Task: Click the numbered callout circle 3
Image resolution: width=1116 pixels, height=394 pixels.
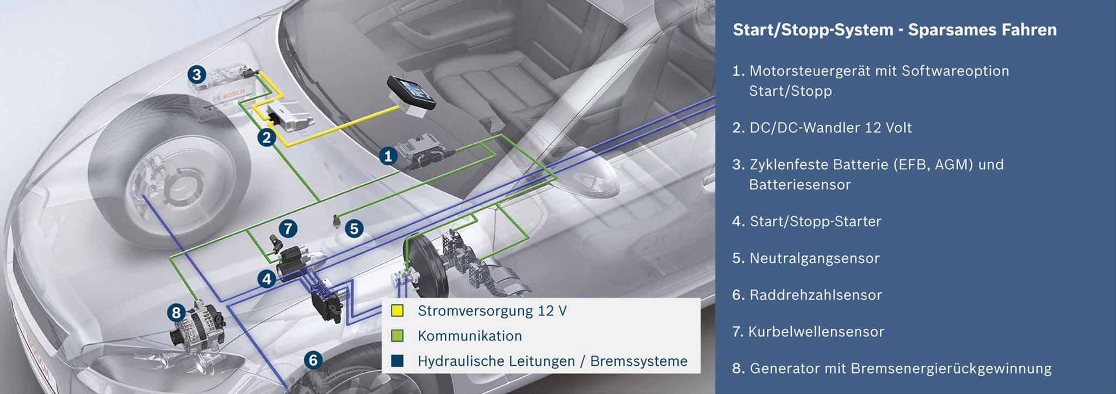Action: pyautogui.click(x=197, y=74)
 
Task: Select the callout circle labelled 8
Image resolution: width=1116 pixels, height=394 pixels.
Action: pyautogui.click(x=176, y=313)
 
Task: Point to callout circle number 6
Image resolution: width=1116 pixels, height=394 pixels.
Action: pyautogui.click(x=313, y=360)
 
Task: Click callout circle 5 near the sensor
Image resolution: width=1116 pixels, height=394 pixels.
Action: pyautogui.click(x=354, y=229)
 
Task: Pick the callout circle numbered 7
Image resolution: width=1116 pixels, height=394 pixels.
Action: pyautogui.click(x=288, y=229)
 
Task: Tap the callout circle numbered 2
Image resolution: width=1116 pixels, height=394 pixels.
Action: pyautogui.click(x=266, y=137)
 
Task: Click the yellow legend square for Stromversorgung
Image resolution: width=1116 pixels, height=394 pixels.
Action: pyautogui.click(x=398, y=311)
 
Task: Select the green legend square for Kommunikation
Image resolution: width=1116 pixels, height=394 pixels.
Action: pyautogui.click(x=398, y=336)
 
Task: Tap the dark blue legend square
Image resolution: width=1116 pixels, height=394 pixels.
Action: pyautogui.click(x=398, y=361)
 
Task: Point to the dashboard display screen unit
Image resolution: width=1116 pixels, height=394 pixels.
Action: pyautogui.click(x=412, y=94)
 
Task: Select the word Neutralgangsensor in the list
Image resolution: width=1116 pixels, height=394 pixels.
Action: pyautogui.click(x=814, y=258)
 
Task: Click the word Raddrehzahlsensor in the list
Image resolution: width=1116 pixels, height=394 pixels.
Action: pyautogui.click(x=815, y=295)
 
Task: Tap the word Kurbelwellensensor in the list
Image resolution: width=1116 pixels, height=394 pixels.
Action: pyautogui.click(x=816, y=332)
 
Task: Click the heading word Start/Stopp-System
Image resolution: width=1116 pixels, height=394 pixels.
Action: pyautogui.click(x=813, y=30)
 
